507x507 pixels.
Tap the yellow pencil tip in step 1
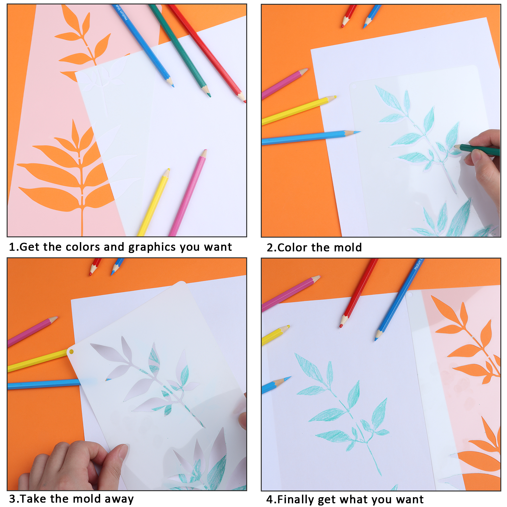click(169, 170)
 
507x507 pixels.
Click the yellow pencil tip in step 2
click(334, 97)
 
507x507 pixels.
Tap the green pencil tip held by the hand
click(456, 147)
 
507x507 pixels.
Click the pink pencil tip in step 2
click(306, 70)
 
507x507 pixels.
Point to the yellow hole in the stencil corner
click(71, 352)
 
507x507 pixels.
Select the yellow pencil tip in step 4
click(287, 326)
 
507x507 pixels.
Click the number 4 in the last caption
click(270, 499)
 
